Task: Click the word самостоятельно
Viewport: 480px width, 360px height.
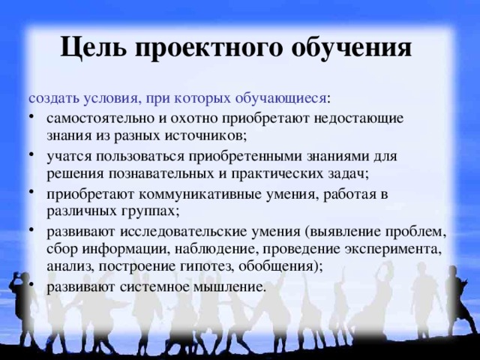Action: pyautogui.click(x=97, y=118)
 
